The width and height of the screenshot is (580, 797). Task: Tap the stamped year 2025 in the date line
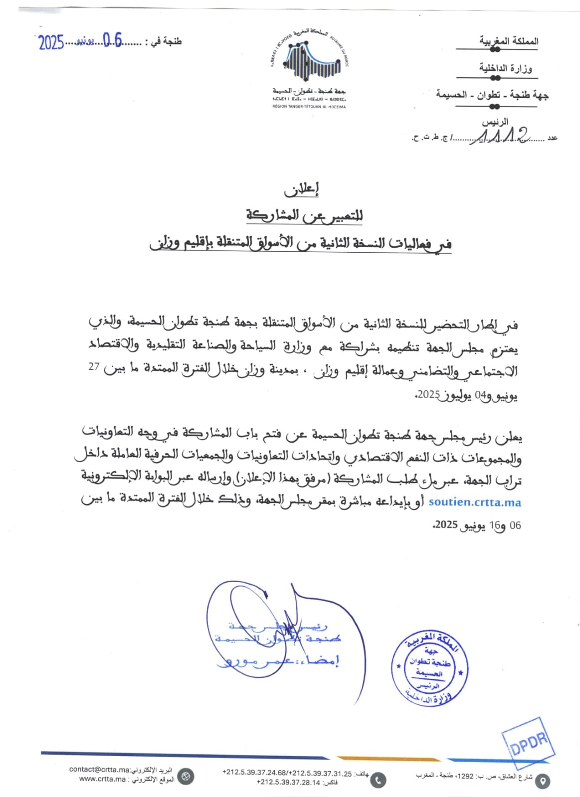(x=51, y=43)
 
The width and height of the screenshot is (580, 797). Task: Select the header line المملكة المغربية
(x=509, y=41)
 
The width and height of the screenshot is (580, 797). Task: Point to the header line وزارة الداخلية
(x=505, y=68)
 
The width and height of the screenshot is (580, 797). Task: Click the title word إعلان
(x=301, y=189)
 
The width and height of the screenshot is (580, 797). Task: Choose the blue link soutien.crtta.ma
(x=474, y=502)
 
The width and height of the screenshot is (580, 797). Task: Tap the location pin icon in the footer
(x=543, y=781)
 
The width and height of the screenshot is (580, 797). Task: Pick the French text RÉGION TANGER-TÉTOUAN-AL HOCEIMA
(x=309, y=106)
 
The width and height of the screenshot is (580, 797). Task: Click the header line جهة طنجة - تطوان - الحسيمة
(x=492, y=95)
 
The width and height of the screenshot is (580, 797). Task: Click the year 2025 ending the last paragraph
(x=446, y=525)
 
